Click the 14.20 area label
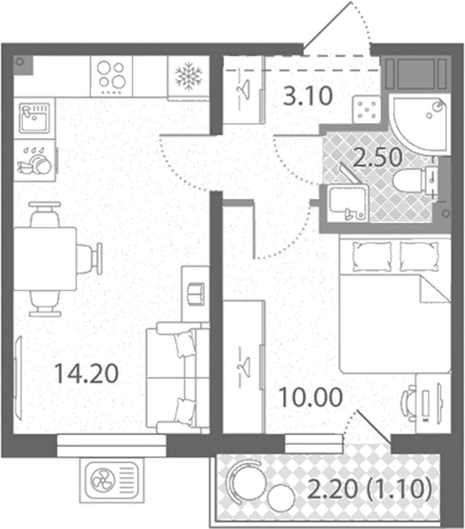87,374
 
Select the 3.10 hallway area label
308,96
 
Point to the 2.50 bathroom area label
377,157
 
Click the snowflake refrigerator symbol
189,76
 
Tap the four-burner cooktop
112,77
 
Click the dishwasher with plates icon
34,160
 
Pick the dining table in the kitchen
45,259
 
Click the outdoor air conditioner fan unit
112,480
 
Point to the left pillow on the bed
372,256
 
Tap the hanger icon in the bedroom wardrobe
243,366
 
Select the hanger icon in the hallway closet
243,88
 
